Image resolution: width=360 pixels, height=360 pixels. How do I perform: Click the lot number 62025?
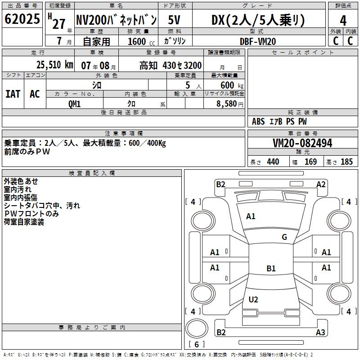point(22,19)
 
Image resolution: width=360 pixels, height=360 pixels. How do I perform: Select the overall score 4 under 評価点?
point(343,21)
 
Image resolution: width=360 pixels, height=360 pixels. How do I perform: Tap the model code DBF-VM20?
point(258,41)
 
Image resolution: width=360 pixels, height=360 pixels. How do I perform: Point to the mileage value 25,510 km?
point(55,65)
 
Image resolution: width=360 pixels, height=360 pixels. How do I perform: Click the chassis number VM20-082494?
point(302,143)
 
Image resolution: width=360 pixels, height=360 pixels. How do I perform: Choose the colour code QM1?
point(74,104)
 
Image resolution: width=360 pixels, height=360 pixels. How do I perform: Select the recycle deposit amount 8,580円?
point(230,104)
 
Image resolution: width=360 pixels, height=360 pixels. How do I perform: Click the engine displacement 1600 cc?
point(141,41)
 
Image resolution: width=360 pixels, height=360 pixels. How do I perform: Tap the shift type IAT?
point(13,94)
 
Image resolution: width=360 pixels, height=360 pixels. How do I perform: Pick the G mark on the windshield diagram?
point(284,237)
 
